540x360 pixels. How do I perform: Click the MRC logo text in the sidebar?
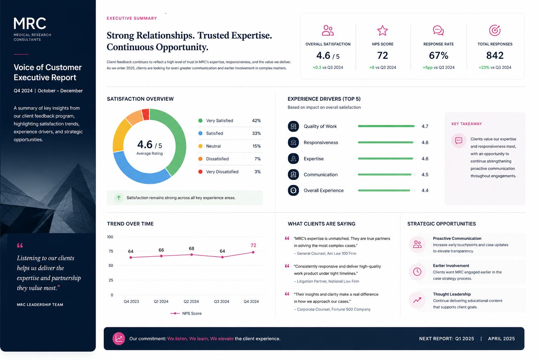(x=30, y=24)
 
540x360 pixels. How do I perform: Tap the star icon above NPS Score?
(x=382, y=30)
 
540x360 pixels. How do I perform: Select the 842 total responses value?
(x=495, y=56)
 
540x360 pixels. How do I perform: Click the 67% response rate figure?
(x=438, y=56)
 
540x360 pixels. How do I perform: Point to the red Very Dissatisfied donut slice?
(x=146, y=114)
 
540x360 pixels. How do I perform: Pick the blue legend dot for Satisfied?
(x=200, y=133)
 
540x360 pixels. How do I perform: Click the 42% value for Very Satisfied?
(x=256, y=121)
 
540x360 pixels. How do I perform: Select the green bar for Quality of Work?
(x=386, y=126)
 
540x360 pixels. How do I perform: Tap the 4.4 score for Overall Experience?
(x=425, y=191)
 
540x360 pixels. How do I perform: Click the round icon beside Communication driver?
(x=293, y=174)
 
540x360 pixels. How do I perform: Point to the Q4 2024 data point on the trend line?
(x=253, y=252)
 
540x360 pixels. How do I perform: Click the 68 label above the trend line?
(x=191, y=248)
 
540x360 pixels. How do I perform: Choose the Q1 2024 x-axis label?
(x=161, y=301)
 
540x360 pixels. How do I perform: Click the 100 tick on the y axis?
(x=110, y=237)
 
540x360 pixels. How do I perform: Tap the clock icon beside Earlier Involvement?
(x=417, y=272)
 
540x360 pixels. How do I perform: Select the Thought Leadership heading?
(x=452, y=294)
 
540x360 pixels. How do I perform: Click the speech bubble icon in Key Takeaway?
(x=458, y=140)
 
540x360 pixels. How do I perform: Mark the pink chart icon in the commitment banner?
(x=118, y=339)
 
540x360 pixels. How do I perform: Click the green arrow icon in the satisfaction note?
(x=118, y=198)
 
